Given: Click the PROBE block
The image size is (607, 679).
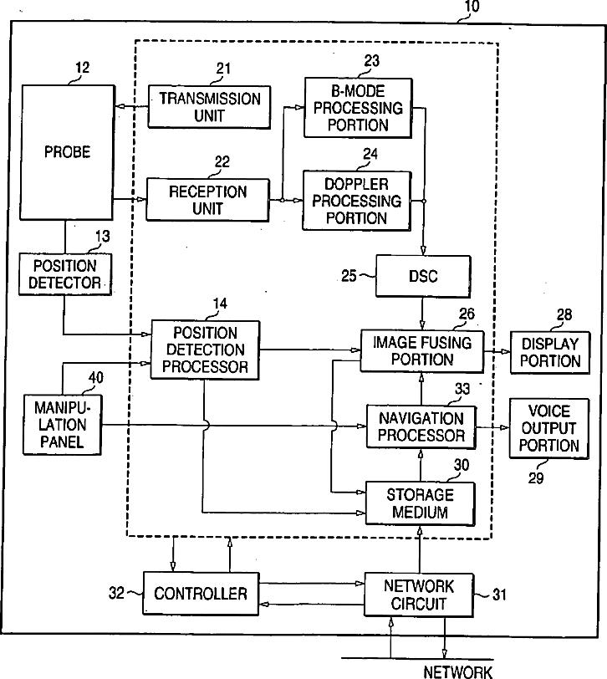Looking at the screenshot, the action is pyautogui.click(x=68, y=152).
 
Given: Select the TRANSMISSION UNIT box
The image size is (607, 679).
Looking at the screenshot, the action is pyautogui.click(x=210, y=107).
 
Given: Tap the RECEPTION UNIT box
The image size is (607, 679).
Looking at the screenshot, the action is pyautogui.click(x=208, y=200).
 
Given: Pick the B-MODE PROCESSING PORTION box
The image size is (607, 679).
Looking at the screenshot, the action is pyautogui.click(x=358, y=108).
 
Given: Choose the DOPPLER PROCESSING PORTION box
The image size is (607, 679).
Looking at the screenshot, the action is pyautogui.click(x=357, y=201).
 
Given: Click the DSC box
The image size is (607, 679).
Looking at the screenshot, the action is pyautogui.click(x=423, y=276).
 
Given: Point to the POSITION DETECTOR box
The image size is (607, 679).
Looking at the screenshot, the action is pyautogui.click(x=65, y=274).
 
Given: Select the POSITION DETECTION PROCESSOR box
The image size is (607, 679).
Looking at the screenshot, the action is pyautogui.click(x=205, y=350).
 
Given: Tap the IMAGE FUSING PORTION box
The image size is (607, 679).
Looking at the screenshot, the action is pyautogui.click(x=422, y=351).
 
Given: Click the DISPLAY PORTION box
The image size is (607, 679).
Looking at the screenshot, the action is pyautogui.click(x=550, y=353).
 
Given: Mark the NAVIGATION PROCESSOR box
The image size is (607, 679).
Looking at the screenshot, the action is pyautogui.click(x=421, y=427).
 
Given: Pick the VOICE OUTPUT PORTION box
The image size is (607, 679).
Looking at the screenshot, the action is pyautogui.click(x=549, y=428).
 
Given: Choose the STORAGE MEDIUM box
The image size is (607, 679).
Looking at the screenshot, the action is pyautogui.click(x=420, y=503).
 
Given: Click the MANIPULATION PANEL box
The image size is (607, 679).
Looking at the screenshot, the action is pyautogui.click(x=63, y=425).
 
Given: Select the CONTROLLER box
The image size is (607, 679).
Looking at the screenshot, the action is pyautogui.click(x=201, y=593).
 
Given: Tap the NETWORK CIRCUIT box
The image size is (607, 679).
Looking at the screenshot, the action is pyautogui.click(x=419, y=595).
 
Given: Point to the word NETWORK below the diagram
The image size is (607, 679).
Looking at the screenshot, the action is pyautogui.click(x=458, y=671).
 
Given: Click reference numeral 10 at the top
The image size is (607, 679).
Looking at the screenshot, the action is pyautogui.click(x=472, y=7).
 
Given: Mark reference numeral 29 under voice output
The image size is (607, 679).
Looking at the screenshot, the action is pyautogui.click(x=536, y=478).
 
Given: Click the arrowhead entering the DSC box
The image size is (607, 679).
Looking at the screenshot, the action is pyautogui.click(x=423, y=250).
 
